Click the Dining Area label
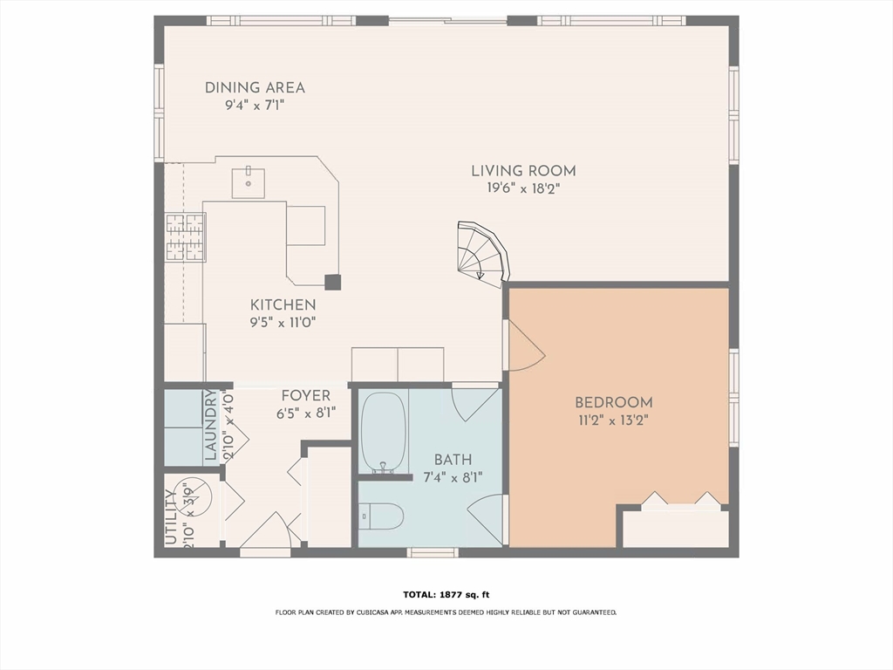point(255,87)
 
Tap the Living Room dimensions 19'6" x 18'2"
point(523,188)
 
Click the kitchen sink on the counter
point(248,182)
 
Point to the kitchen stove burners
point(185,236)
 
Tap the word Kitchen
point(283,305)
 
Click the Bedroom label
point(613,403)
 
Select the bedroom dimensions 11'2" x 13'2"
point(613,420)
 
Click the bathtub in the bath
point(383,432)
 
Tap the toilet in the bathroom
point(381,517)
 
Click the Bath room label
point(453,460)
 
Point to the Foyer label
point(305,396)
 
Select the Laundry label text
point(210,426)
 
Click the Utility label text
point(171,517)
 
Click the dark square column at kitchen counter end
point(332,282)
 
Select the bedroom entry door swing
point(524,346)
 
